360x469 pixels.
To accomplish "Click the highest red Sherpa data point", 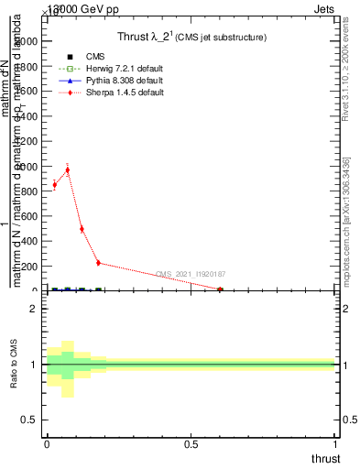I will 67,170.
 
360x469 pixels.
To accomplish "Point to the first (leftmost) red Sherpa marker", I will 54,185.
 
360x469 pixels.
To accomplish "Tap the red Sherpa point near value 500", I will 82,229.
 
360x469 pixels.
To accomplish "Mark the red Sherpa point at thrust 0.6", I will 220,289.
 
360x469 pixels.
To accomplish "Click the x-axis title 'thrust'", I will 325,458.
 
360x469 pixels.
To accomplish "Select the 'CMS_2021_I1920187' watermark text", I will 191,274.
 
